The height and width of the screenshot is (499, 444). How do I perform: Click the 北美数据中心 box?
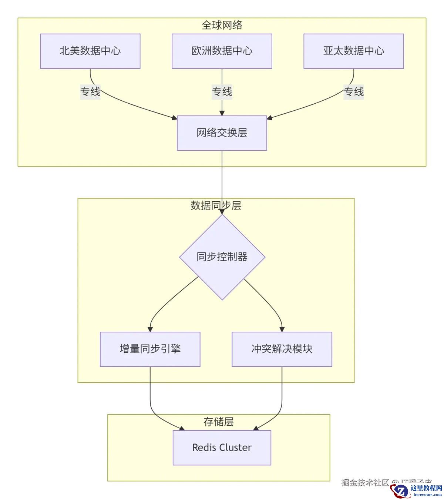coord(90,51)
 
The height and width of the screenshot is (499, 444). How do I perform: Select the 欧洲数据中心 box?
coord(222,51)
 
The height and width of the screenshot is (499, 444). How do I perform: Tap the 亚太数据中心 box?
coord(353,51)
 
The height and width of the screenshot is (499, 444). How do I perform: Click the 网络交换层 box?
coord(222,133)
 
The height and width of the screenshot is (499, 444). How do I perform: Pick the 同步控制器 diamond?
coord(222,257)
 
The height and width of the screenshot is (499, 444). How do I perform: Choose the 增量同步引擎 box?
coord(150,349)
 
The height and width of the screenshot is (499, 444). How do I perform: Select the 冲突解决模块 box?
coord(282,349)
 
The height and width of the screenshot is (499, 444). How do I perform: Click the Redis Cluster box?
coord(222,448)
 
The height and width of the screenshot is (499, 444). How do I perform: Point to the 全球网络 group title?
coord(222,25)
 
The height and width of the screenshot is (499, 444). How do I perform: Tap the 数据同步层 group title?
coord(216,205)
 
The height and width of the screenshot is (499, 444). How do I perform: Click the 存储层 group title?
coord(218,422)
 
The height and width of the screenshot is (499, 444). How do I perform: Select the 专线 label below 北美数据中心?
coord(90,91)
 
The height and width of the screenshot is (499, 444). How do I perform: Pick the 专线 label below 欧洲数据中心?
coord(222,91)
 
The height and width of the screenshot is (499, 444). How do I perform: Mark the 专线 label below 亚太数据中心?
coord(354,91)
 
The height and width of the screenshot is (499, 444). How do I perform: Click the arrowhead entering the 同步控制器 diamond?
coord(222,211)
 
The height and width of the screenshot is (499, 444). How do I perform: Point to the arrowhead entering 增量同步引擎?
coord(150,329)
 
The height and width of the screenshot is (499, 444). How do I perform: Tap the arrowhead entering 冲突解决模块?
coord(282,329)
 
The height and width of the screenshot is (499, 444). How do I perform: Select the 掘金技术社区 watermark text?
coord(365,482)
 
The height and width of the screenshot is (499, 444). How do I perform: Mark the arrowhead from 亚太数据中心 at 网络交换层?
coord(270,118)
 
